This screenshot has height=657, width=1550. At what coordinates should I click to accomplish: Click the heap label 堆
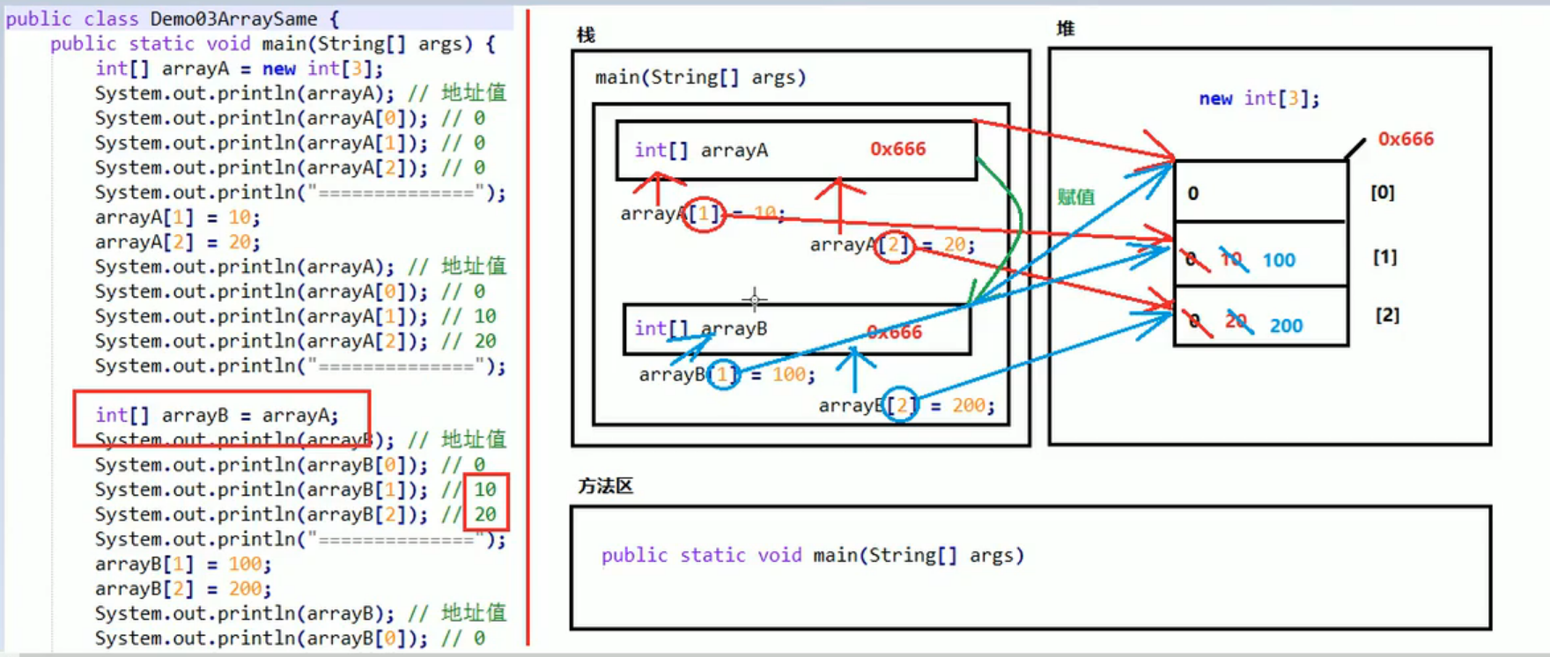pyautogui.click(x=1066, y=29)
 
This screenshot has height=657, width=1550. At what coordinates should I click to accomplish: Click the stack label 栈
pyautogui.click(x=586, y=35)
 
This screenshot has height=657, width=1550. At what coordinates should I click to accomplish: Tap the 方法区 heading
pyautogui.click(x=606, y=486)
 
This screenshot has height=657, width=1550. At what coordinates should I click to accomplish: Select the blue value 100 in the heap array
pyautogui.click(x=1279, y=261)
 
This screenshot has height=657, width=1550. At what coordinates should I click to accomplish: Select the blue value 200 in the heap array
pyautogui.click(x=1286, y=326)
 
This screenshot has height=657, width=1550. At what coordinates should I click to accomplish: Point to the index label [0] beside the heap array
pyautogui.click(x=1382, y=192)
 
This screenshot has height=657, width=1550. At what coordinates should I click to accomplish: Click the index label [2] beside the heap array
pyautogui.click(x=1387, y=314)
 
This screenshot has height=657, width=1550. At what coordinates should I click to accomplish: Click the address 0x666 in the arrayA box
pyautogui.click(x=897, y=149)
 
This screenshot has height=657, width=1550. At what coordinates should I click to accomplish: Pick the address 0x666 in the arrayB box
pyautogui.click(x=894, y=332)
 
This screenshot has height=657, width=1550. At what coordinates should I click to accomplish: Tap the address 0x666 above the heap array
pyautogui.click(x=1406, y=139)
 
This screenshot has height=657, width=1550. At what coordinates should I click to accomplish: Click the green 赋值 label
pyautogui.click(x=1076, y=196)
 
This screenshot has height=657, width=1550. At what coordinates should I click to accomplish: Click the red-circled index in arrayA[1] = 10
pyautogui.click(x=704, y=213)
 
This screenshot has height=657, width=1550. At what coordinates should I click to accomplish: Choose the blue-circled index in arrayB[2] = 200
pyautogui.click(x=901, y=405)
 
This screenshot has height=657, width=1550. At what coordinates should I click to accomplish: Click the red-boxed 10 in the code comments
pyautogui.click(x=485, y=490)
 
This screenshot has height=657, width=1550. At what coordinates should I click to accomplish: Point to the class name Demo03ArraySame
pyautogui.click(x=233, y=18)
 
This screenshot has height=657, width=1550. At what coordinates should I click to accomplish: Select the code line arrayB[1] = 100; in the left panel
pyautogui.click(x=183, y=564)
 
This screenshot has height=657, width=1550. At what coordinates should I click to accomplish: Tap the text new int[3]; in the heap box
pyautogui.click(x=1258, y=99)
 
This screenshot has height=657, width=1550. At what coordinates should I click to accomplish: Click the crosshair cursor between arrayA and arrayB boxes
pyautogui.click(x=754, y=300)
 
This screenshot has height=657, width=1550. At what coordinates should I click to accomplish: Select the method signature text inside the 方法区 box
pyautogui.click(x=812, y=555)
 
